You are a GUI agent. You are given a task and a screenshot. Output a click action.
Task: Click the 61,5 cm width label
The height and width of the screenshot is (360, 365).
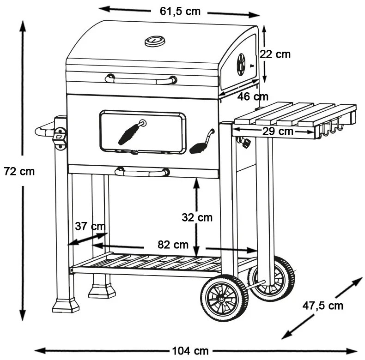click(x=180, y=11)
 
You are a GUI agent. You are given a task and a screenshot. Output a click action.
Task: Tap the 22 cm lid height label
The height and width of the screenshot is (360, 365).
click(x=275, y=54)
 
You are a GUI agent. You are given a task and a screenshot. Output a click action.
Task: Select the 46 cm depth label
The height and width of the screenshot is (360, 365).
click(x=253, y=97)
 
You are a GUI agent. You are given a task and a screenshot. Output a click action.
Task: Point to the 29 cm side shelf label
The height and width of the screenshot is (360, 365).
click(x=279, y=132)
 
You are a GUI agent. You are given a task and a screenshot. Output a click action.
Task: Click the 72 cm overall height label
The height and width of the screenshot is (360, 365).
click(x=19, y=171)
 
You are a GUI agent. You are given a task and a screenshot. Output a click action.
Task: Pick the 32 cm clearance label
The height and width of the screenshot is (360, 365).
click(x=197, y=217)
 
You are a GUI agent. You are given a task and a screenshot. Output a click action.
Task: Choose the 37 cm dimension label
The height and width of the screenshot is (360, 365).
click(x=90, y=226)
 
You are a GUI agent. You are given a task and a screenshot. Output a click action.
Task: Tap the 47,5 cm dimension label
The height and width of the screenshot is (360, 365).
click(x=323, y=305)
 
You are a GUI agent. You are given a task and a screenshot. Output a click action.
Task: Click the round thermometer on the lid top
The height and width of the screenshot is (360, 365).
click(x=155, y=42)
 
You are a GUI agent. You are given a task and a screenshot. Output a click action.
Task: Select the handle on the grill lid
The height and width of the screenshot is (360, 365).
click(x=140, y=79)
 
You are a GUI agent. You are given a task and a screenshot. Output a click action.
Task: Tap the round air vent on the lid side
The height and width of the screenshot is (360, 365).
click(x=241, y=65)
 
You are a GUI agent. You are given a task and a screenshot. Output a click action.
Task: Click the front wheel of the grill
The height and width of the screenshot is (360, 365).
click(x=224, y=298)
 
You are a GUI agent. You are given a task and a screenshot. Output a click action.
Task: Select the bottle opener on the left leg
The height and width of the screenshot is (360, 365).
click(x=59, y=138)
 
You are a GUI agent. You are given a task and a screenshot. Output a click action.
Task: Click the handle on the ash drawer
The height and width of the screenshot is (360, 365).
click(x=142, y=172)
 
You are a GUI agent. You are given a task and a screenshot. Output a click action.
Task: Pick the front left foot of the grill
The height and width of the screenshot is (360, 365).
click(x=66, y=305)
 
